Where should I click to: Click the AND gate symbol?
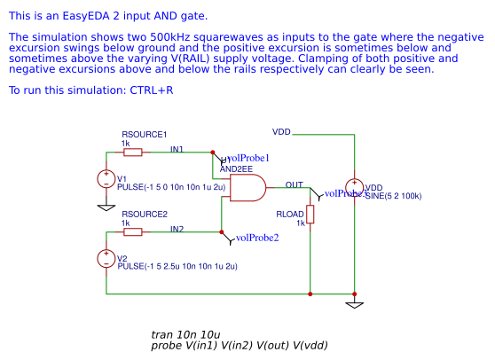(247, 188)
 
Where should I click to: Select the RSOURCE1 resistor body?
(133, 152)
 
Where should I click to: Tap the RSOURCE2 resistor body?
(133, 232)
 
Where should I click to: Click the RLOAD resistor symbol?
(310, 215)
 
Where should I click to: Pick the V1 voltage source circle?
(106, 179)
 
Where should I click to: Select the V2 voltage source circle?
(106, 259)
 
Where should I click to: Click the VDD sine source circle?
(354, 186)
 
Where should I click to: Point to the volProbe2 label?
(257, 238)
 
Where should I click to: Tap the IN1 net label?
(177, 149)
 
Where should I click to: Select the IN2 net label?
(177, 230)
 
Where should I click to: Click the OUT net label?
(294, 184)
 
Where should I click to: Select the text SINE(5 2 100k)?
(393, 196)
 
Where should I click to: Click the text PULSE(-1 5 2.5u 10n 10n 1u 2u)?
(177, 266)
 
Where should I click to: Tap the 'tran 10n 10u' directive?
(185, 334)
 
